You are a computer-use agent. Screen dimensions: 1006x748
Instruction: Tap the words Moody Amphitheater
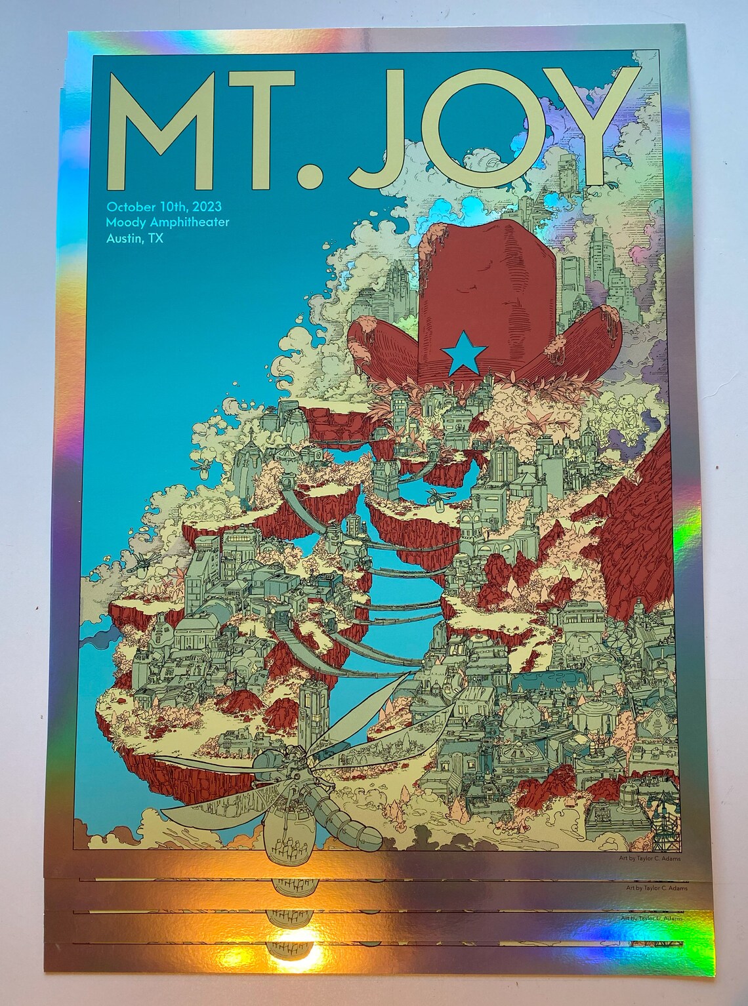167,222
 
